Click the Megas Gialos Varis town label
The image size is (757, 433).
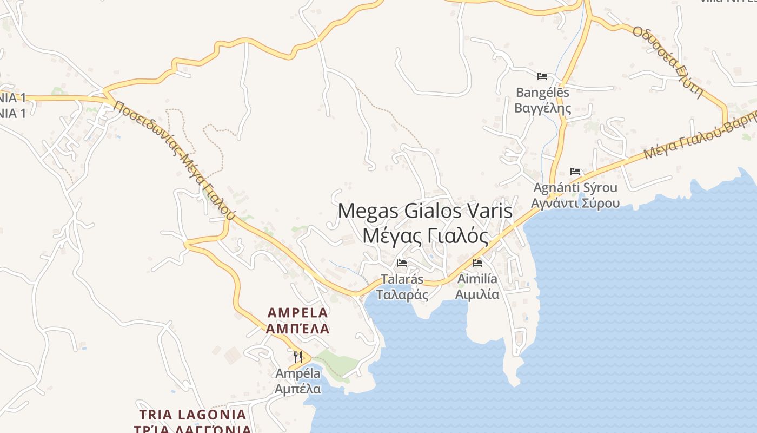(425, 211)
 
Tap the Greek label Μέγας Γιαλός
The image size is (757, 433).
(425, 236)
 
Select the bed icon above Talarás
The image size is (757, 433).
(402, 263)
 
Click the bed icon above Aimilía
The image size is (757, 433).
(477, 263)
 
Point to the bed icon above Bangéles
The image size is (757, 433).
(542, 76)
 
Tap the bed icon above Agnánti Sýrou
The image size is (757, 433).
(575, 172)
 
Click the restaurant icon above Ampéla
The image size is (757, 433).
(298, 357)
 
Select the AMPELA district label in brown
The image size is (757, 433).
(298, 312)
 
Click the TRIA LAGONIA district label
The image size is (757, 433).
(192, 415)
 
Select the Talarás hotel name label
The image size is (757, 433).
(402, 279)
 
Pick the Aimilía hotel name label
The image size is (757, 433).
(477, 279)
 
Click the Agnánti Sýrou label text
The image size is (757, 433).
(575, 188)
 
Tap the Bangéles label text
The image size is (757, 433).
(542, 93)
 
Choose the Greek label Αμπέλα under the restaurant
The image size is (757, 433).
(298, 389)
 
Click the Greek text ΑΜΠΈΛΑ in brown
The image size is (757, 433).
(298, 329)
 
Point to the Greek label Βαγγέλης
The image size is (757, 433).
(542, 108)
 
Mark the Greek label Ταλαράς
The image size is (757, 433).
(402, 295)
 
